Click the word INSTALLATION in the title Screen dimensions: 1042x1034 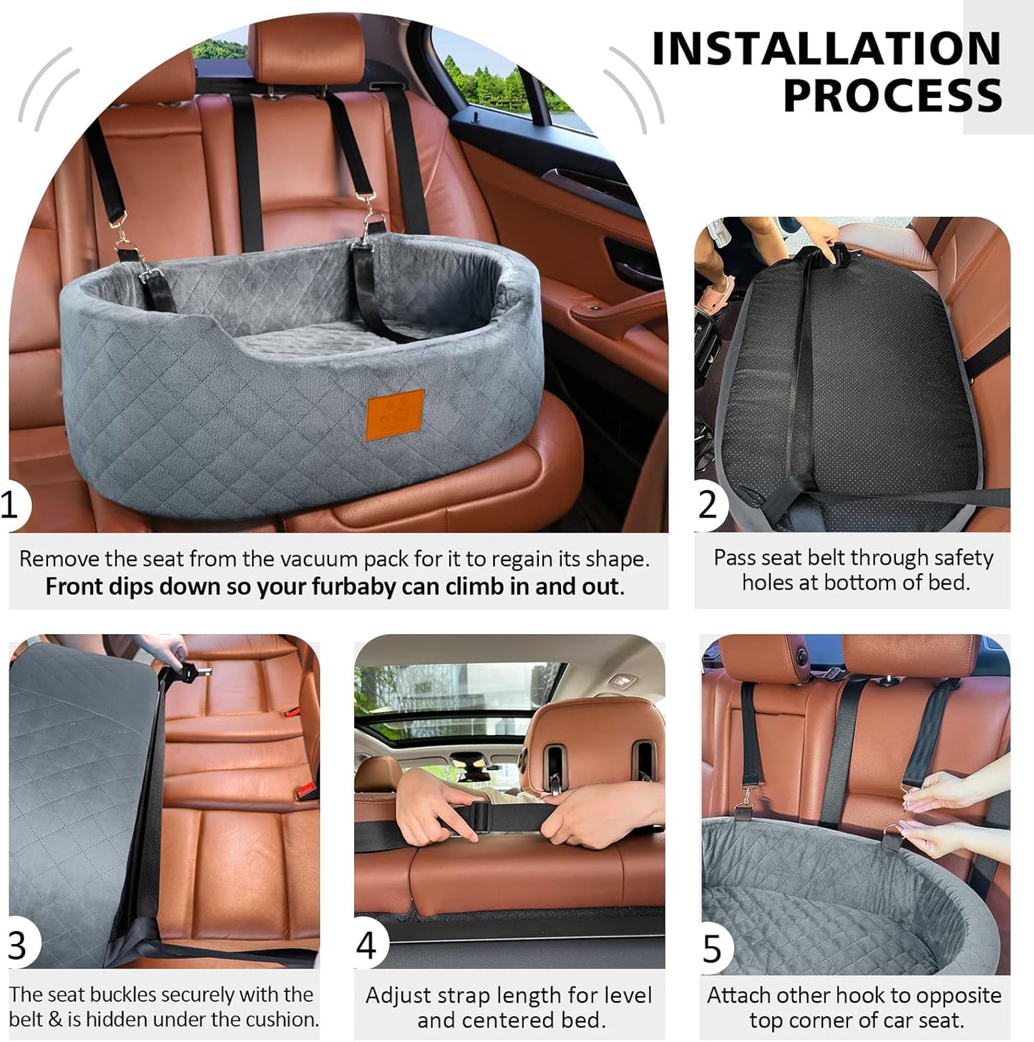(826, 49)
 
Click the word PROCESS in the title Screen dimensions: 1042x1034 (892, 96)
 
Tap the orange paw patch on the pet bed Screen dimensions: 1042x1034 (395, 414)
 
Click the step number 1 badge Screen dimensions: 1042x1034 (9, 505)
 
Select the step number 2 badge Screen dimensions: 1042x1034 (708, 505)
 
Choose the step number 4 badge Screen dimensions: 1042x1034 (366, 945)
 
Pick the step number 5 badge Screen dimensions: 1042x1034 (713, 949)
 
